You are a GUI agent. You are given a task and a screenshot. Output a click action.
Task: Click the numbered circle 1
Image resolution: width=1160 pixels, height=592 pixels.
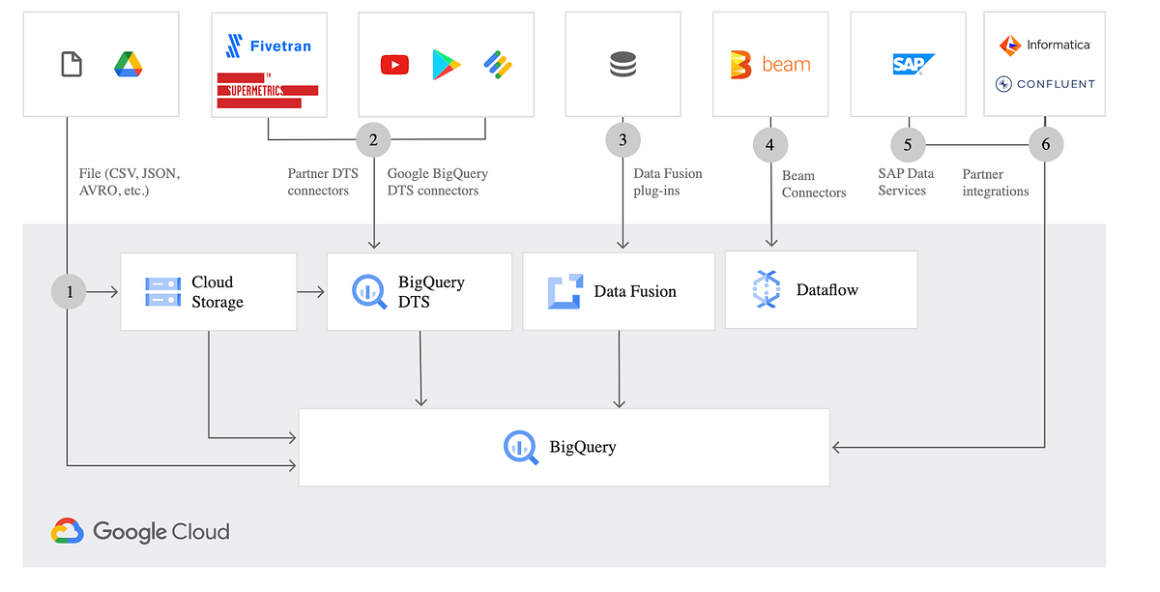70,291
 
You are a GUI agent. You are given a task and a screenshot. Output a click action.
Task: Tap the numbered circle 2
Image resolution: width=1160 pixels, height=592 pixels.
373,140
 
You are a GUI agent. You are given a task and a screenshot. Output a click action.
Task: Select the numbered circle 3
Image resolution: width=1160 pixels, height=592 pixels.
623,140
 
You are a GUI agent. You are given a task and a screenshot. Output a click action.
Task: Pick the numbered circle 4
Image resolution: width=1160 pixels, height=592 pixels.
769,146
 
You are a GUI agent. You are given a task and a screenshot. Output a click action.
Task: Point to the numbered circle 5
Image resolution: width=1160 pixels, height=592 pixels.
908,145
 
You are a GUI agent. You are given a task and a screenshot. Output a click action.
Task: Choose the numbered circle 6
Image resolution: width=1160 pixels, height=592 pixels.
1045,145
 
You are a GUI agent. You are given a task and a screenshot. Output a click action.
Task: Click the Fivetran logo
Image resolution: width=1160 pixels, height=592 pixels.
268,45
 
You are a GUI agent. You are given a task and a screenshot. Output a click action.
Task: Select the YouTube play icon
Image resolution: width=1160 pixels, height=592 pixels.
394,65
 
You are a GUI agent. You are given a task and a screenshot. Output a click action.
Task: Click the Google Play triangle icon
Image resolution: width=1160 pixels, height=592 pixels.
446,65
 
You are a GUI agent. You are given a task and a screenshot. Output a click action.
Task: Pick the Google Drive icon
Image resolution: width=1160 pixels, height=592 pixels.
129,65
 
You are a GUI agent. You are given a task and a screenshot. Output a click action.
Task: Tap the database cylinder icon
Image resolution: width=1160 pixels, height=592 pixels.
623,65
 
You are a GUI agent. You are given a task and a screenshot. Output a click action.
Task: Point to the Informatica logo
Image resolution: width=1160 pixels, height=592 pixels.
1044,44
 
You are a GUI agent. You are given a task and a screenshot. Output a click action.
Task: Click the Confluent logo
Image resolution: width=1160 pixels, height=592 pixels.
1045,84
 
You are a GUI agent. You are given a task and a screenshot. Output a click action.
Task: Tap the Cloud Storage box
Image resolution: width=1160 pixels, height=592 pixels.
208,292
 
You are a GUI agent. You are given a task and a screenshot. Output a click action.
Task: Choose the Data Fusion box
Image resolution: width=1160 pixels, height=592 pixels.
619,291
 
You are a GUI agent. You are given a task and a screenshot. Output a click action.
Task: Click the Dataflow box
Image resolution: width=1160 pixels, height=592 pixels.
821,289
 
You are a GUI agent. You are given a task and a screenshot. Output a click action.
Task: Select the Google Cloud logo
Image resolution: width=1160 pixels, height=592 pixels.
141,531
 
